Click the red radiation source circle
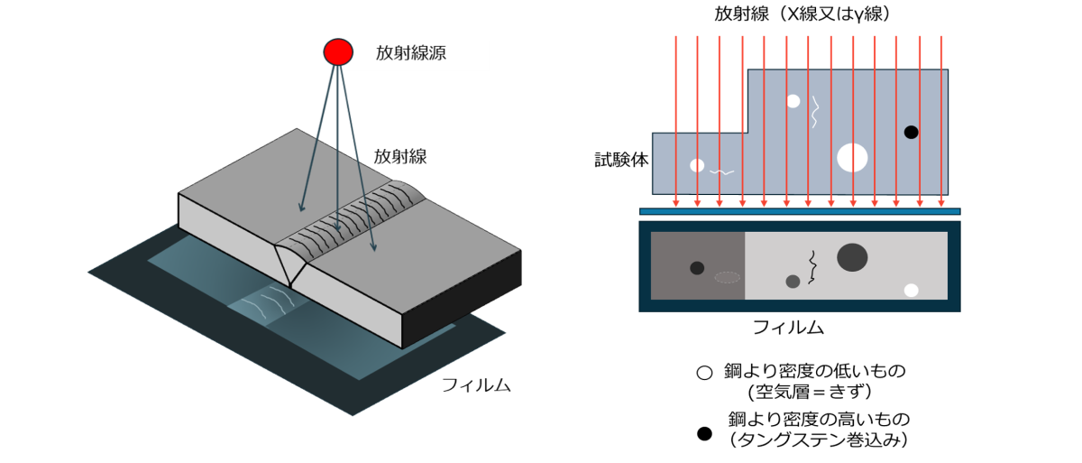pos(338,52)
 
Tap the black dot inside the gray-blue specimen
pos(911,133)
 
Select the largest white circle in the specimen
pos(852,157)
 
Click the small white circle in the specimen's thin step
pos(697,165)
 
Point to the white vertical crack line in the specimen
pos(815,112)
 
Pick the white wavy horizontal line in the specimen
pos(721,171)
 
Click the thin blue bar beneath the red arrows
pos(799,212)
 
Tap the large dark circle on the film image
pos(852,257)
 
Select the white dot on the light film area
pos(911,290)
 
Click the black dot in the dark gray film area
pos(697,268)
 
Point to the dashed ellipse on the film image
pos(727,277)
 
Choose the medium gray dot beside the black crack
pos(793,282)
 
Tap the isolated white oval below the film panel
pos(704,373)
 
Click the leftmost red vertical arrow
pos(675,117)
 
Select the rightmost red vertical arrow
pos(940,117)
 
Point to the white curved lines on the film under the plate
pos(268,302)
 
